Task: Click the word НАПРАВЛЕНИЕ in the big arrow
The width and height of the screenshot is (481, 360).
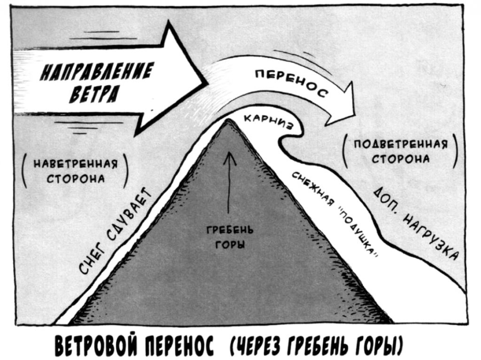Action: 96,72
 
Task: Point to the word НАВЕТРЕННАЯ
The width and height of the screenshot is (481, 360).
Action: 75,165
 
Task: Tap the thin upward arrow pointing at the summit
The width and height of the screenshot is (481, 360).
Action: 230,183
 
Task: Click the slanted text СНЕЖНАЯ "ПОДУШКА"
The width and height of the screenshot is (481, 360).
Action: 335,214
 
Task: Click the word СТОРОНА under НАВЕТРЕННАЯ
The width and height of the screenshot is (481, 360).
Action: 75,179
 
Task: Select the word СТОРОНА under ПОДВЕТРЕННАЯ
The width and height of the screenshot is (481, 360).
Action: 401,159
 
